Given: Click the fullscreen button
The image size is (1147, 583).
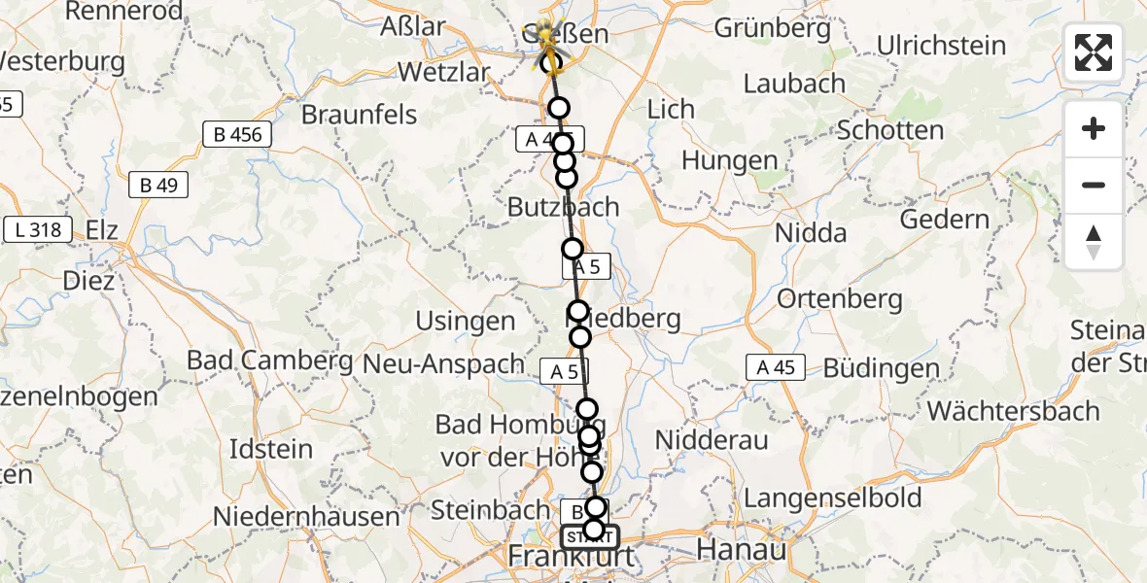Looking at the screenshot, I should coord(1094,52).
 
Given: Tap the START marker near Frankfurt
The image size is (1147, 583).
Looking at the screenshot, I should coord(589,536).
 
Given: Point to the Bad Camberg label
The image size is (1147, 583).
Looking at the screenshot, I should coord(269,360).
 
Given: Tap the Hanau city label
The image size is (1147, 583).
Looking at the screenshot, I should coord(742,550).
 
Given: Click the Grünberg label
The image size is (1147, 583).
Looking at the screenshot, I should coord(773,28).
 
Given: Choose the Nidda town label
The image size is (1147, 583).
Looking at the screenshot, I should coord(811,233).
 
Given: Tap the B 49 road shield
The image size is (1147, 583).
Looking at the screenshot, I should coord(158,185).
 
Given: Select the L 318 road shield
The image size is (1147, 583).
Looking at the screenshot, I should coord(38,230).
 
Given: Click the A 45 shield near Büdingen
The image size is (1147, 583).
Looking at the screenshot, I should coord(776,367).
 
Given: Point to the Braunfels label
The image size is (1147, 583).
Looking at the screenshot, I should coord(359,115).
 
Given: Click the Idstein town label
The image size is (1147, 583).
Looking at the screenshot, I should coord(270,450).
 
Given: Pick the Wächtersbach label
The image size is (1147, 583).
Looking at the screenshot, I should coord(1013,411).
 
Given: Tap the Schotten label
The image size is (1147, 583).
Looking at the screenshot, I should coord(889,130).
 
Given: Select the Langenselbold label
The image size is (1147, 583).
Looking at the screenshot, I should coord(832,499).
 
